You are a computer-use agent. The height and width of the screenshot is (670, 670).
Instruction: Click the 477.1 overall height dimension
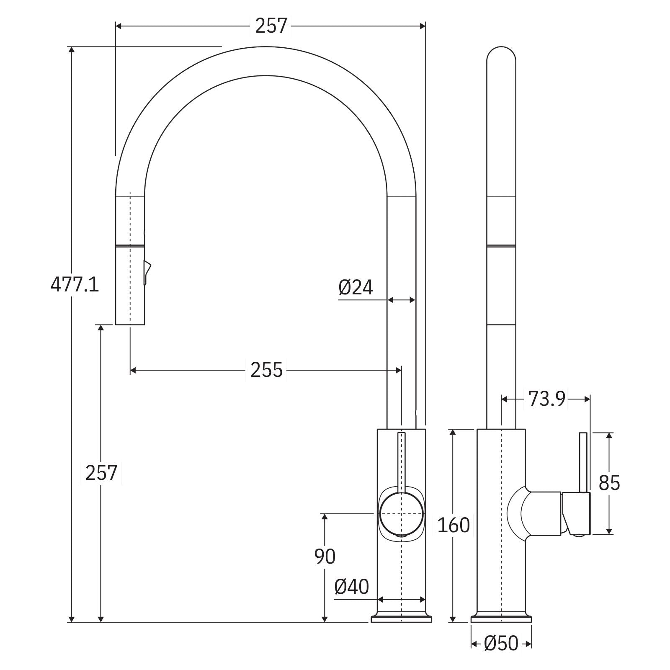click(x=75, y=285)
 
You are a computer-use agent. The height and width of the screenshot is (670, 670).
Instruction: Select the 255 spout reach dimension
click(x=266, y=370)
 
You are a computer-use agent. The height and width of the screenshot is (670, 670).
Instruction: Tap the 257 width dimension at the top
click(x=271, y=26)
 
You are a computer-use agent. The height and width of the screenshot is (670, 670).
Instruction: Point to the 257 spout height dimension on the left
click(x=101, y=473)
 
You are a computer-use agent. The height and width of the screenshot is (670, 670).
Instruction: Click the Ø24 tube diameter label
click(x=356, y=287)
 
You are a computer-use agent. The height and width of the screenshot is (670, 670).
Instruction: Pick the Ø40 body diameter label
click(x=352, y=587)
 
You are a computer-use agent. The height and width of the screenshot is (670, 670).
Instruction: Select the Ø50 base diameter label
click(x=501, y=655)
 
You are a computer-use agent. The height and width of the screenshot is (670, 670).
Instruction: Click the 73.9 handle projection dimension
click(x=546, y=399)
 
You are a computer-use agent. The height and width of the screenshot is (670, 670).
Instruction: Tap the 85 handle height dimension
click(x=609, y=483)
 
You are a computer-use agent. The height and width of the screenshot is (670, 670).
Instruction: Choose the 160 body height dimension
click(x=454, y=525)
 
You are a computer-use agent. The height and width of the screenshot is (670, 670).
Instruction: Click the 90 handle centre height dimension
click(x=325, y=557)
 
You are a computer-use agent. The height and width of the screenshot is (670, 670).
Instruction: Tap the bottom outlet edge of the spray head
click(x=130, y=324)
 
